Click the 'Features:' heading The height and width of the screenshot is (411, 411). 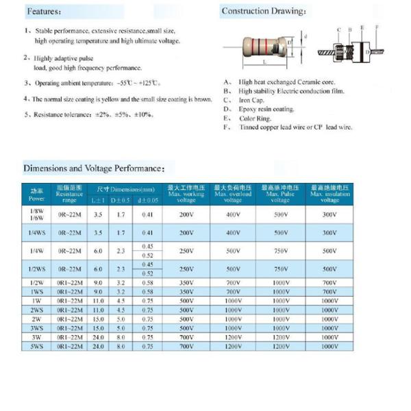(x=45, y=12)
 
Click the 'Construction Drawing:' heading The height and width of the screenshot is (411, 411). (x=264, y=11)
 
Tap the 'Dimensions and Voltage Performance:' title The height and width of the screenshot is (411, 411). (x=94, y=168)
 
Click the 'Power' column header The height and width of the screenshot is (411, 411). (x=36, y=194)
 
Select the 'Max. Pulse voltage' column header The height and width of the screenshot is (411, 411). (x=280, y=194)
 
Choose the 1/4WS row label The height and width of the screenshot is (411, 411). (x=36, y=233)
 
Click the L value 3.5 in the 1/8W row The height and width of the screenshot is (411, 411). (x=98, y=214)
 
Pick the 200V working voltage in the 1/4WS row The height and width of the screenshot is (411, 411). (x=186, y=233)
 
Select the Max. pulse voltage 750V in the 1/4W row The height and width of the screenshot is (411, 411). (x=280, y=251)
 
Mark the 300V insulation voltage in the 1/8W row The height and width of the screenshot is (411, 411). (x=329, y=214)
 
